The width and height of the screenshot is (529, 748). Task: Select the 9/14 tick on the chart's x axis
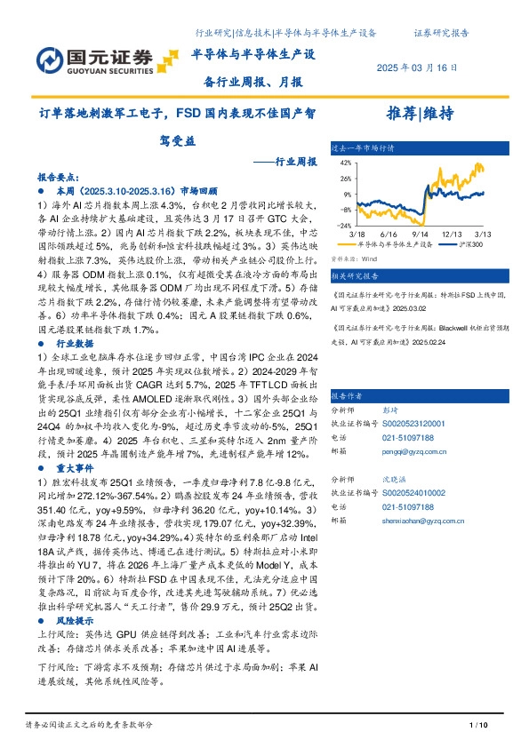413,234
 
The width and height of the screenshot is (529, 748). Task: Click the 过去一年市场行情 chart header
363,148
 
